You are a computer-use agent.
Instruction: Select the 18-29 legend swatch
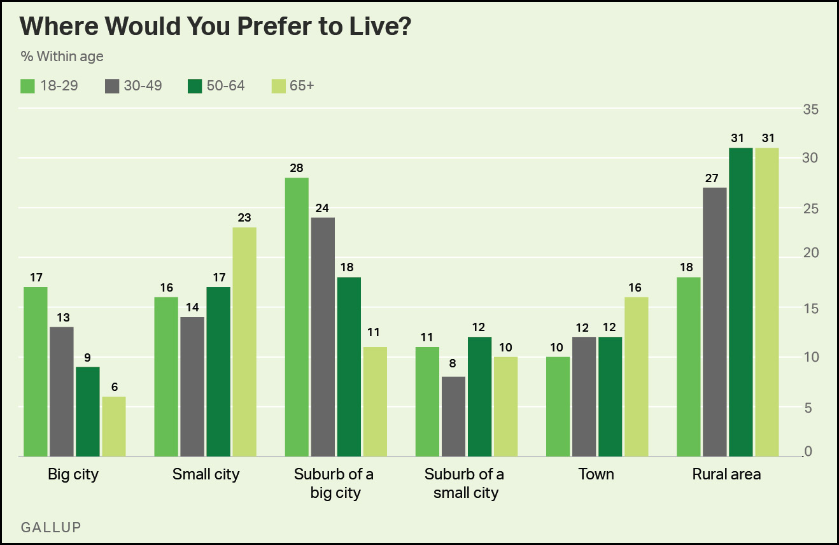pos(27,85)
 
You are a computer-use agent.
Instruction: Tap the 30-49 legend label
pos(143,85)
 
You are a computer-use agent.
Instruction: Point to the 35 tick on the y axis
pos(810,110)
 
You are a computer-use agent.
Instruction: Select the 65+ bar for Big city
pos(114,427)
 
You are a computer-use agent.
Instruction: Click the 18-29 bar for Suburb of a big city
pos(297,317)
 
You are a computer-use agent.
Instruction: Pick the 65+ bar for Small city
pos(244,342)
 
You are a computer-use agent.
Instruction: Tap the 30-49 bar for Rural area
pos(714,322)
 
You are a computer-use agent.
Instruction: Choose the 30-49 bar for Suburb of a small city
pos(453,416)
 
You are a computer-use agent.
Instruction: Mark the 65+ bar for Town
pos(636,377)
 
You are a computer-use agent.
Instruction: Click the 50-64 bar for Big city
pos(88,411)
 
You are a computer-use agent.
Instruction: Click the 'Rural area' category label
pos(727,474)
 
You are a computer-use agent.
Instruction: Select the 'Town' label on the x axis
pos(596,474)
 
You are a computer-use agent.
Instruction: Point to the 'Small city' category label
pos(206,474)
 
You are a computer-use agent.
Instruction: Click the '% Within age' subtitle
pos(62,57)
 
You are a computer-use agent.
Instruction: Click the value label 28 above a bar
pos(297,167)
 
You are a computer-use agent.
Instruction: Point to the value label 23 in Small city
pos(244,217)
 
